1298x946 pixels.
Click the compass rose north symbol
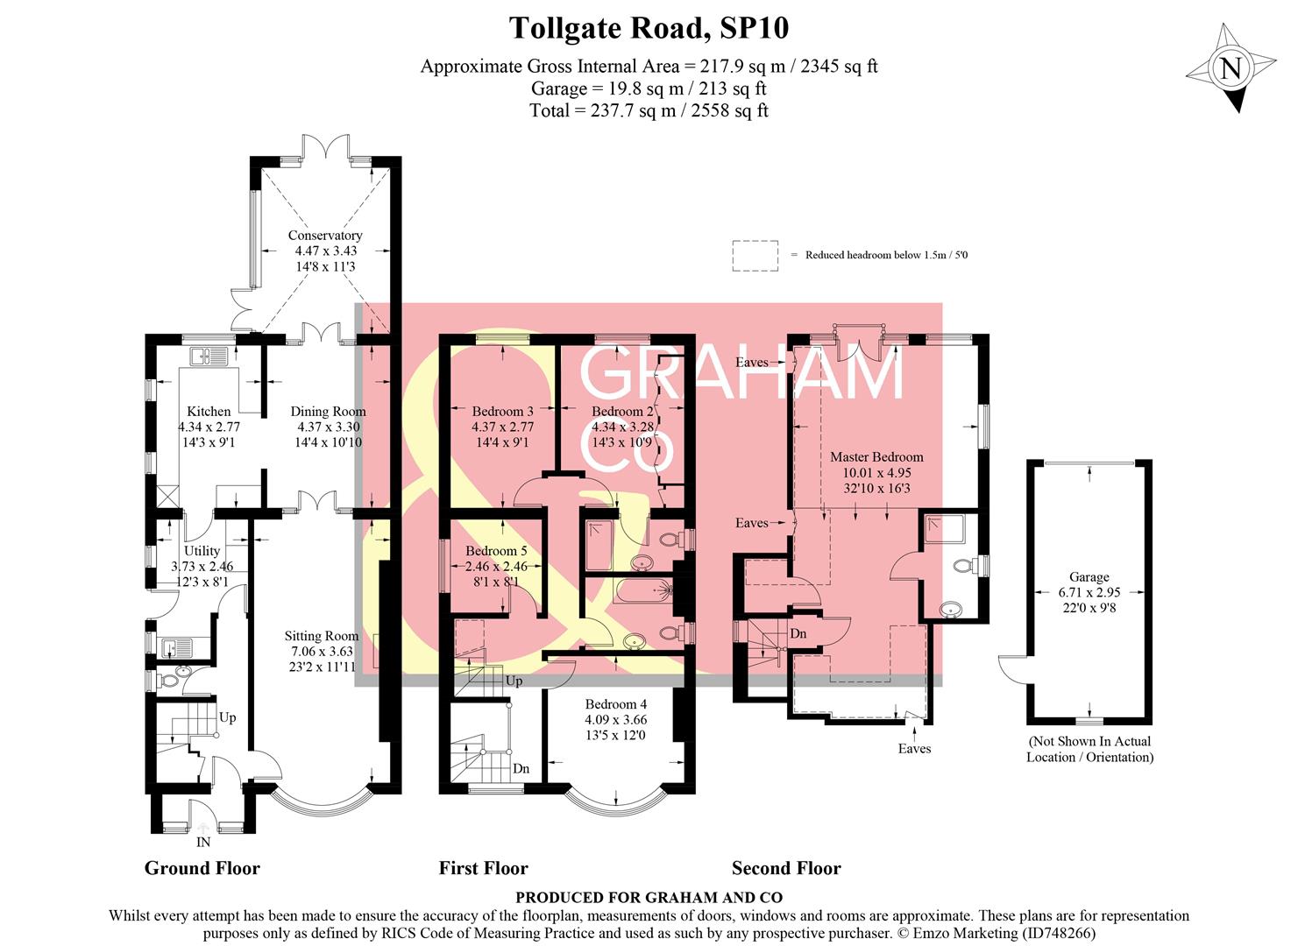pos(1231,68)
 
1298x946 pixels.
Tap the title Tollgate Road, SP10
pos(649,28)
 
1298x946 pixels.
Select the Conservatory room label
pos(325,236)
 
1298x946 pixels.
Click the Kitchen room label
pos(209,412)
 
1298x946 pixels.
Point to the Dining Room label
pos(328,412)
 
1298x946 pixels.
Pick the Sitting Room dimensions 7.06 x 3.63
pos(321,652)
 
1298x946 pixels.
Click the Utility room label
pos(202,551)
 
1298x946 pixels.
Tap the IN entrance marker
pos(203,843)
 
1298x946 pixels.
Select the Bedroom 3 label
pos(502,412)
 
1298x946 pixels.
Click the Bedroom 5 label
pos(496,551)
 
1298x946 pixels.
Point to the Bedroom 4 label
pos(616,704)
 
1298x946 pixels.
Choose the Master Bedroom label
pos(876,457)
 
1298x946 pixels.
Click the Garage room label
pos(1089,577)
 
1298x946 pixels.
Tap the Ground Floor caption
pos(202,869)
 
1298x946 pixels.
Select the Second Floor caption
pos(786,869)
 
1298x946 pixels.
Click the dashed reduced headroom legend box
pos(755,255)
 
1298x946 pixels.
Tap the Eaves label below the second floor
pos(914,749)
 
